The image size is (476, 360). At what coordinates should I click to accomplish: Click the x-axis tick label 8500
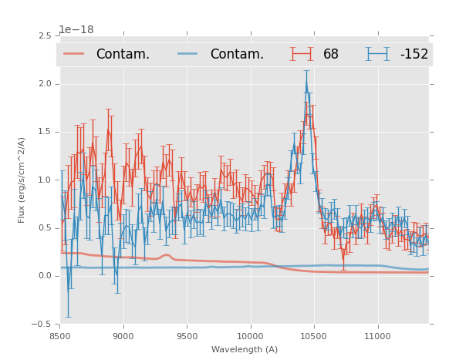point(60,336)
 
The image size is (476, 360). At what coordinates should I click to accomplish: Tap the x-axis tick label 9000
point(123,336)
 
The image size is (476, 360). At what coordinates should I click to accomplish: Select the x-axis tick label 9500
point(187,336)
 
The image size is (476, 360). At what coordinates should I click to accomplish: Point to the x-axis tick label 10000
point(250,336)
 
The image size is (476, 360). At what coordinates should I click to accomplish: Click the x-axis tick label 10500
point(313,336)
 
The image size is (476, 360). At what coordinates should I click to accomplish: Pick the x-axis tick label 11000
point(376,336)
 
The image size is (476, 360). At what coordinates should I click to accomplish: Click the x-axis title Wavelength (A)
point(245,349)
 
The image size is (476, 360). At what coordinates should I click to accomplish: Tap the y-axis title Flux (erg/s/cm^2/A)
point(22,180)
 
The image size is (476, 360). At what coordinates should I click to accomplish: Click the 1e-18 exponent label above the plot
point(76,30)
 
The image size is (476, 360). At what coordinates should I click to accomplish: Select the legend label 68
point(331,55)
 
